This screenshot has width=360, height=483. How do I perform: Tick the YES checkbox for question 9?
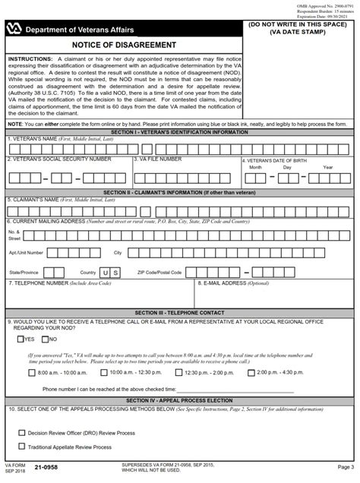pos(21,339)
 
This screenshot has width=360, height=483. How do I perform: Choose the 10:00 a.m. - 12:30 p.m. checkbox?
pos(103,373)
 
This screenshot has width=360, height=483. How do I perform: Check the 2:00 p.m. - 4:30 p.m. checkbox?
pos(251,373)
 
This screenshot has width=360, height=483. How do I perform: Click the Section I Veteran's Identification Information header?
pos(180,131)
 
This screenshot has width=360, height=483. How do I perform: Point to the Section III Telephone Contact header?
pos(180,312)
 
